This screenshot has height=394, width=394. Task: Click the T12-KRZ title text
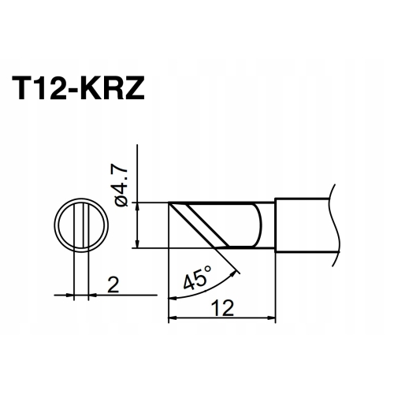pyautogui.click(x=78, y=88)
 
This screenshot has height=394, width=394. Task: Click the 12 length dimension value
pyautogui.click(x=223, y=308)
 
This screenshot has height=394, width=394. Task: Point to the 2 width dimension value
pyautogui.click(x=113, y=284)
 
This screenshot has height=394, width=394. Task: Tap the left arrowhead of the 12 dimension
pyautogui.click(x=172, y=318)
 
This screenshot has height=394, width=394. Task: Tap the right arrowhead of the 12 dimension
pyautogui.click(x=271, y=318)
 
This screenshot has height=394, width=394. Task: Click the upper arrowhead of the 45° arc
pyautogui.click(x=233, y=273)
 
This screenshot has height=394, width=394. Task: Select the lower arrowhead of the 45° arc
pyautogui.click(x=172, y=298)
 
